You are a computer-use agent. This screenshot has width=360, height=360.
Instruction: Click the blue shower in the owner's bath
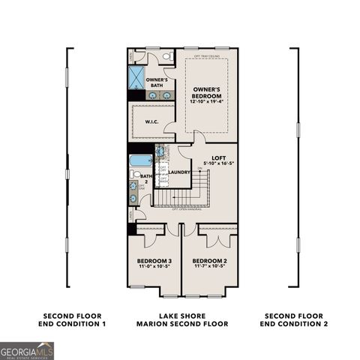137,78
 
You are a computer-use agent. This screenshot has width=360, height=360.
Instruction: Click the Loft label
218,157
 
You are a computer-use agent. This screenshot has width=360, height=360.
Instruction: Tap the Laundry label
178,172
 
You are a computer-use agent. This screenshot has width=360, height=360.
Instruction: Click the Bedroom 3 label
153,260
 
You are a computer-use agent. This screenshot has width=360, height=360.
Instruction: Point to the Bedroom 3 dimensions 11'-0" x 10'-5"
153,267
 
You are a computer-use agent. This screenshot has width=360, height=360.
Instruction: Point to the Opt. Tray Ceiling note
207,55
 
